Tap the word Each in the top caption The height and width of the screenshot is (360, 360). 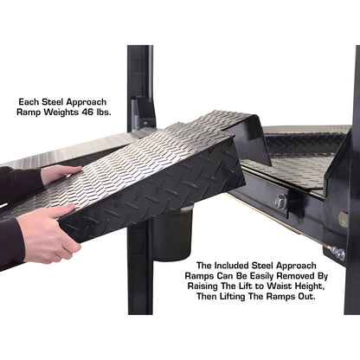point(30,100)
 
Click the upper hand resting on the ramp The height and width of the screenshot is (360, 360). point(59,175)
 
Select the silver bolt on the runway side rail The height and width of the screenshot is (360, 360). point(280,202)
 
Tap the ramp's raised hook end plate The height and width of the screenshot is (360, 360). point(247,138)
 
